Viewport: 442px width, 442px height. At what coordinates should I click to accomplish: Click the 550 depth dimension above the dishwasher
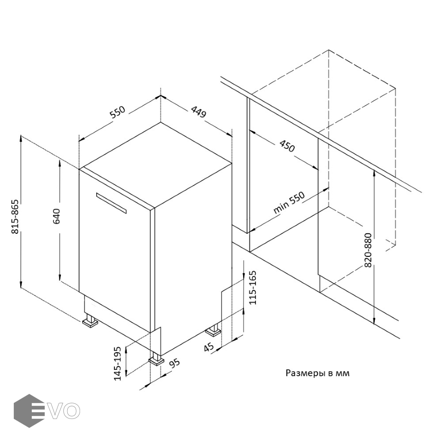point(117,112)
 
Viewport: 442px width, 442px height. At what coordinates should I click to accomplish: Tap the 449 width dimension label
point(199,111)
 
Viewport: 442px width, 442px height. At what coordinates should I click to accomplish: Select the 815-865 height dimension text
point(15,217)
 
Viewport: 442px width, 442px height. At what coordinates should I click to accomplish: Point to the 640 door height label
point(56,216)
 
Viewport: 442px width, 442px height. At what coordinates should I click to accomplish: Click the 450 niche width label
point(287,145)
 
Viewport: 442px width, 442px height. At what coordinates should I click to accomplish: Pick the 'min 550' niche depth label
point(289,203)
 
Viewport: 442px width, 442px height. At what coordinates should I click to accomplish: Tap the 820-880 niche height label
point(368,250)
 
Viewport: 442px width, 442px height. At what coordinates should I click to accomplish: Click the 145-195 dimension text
point(117,363)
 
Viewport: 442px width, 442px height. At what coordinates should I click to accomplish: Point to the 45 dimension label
point(209,347)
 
